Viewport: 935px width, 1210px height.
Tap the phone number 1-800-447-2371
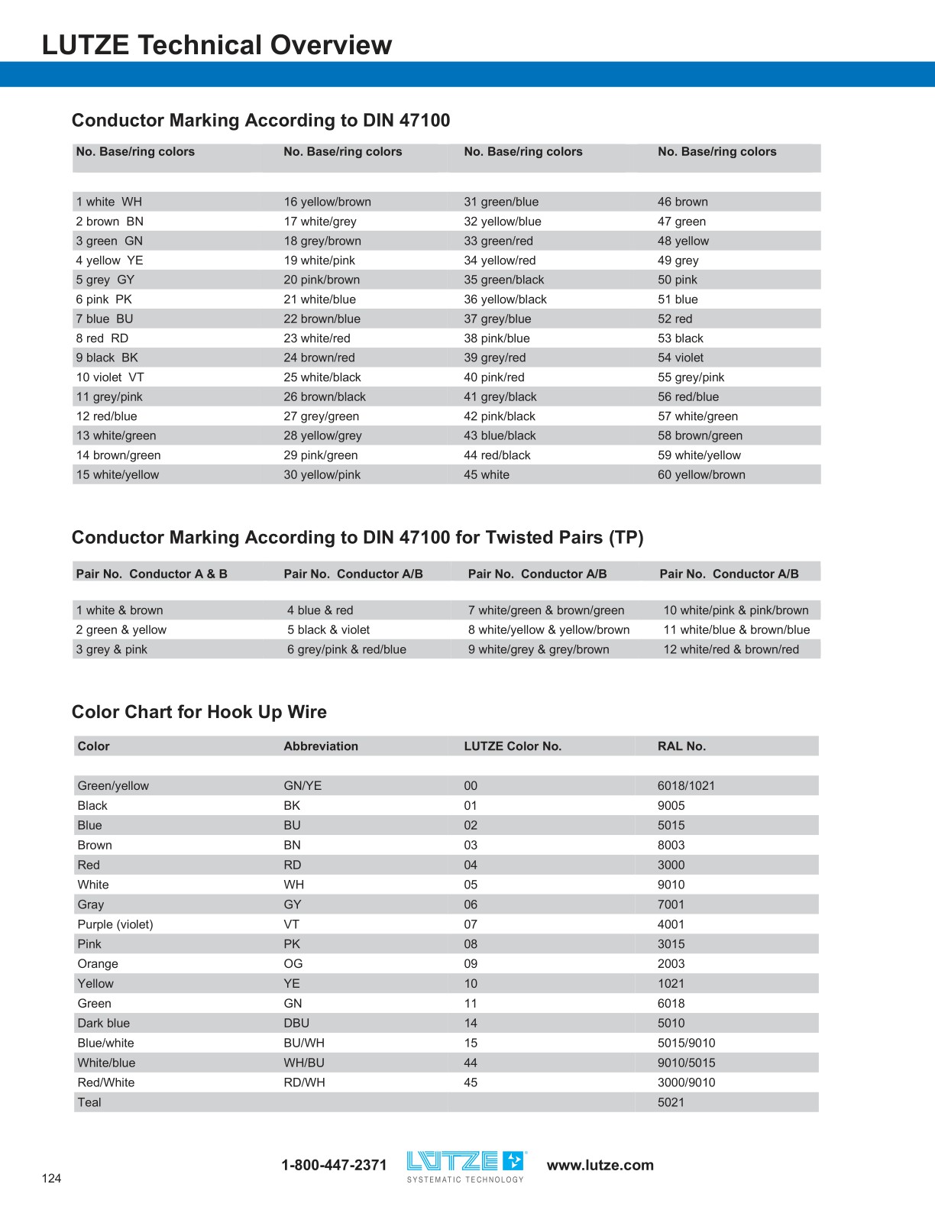point(334,1165)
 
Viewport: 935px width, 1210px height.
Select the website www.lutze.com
point(600,1165)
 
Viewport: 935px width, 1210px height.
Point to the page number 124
point(51,1178)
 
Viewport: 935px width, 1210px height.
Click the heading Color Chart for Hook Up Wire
point(199,712)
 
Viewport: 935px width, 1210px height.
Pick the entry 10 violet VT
point(110,377)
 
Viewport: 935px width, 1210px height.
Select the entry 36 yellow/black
point(505,299)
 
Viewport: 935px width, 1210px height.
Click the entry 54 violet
point(680,357)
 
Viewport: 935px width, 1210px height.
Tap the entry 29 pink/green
point(321,455)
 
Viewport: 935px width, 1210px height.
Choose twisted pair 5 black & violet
point(328,629)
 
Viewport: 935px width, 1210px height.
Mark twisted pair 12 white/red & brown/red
point(731,649)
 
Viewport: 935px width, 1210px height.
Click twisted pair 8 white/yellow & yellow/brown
point(548,629)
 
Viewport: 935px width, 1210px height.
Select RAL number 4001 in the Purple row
point(671,924)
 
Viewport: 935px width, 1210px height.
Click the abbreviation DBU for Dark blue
point(296,1023)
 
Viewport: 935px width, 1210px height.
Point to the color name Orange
point(98,963)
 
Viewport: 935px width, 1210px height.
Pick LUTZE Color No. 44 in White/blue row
point(471,1063)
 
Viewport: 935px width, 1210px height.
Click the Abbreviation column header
point(321,746)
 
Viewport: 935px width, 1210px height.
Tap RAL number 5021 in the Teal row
point(671,1102)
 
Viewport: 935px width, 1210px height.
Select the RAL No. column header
point(681,746)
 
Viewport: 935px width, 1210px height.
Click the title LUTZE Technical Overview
point(217,45)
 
